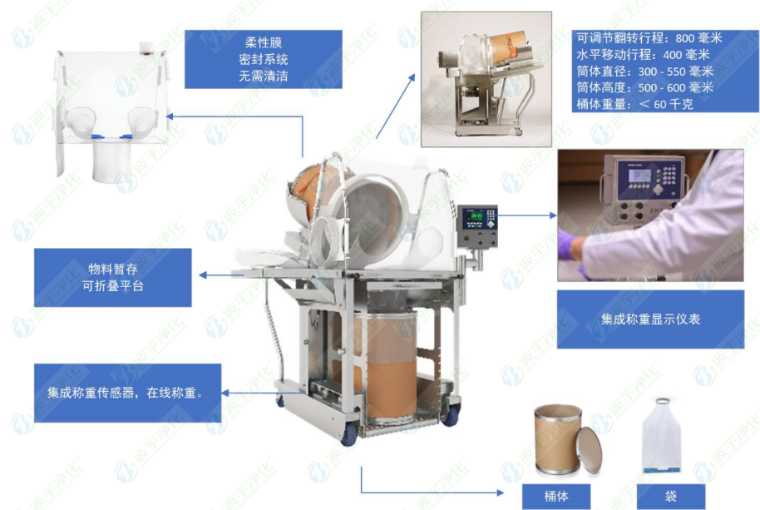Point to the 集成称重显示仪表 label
[x=649, y=319]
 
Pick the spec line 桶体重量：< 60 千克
[x=634, y=105]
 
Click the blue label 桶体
[x=556, y=497]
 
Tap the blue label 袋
[x=670, y=497]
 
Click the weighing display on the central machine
[x=477, y=220]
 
